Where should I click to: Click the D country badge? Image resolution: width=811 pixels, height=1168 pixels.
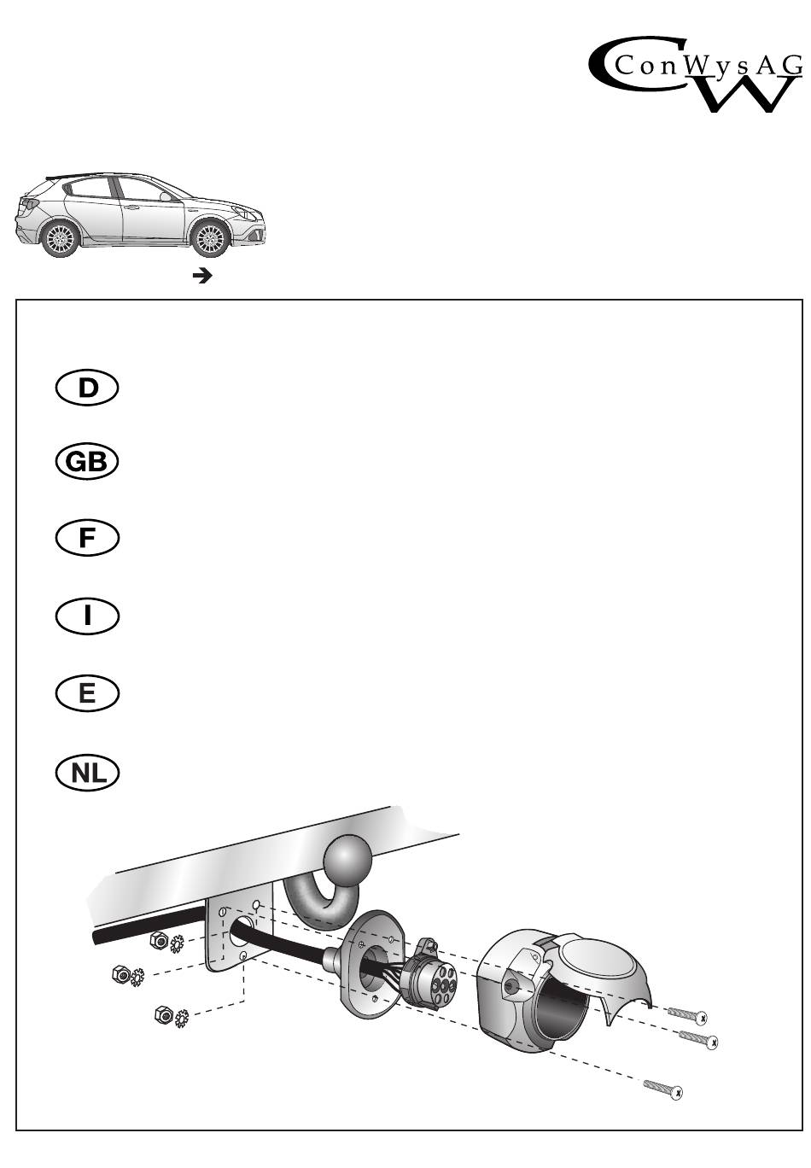(86, 388)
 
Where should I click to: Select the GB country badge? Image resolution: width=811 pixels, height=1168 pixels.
(86, 462)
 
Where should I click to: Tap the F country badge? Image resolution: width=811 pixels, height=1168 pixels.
(86, 539)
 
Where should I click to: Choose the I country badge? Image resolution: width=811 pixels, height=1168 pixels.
(86, 616)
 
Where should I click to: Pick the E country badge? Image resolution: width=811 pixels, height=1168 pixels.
(86, 693)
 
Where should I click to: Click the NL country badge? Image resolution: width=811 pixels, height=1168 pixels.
(86, 773)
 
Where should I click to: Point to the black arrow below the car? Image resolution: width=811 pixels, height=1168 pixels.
(202, 276)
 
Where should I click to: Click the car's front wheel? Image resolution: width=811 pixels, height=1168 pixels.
(208, 239)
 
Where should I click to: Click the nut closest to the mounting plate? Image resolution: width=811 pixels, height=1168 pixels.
(158, 941)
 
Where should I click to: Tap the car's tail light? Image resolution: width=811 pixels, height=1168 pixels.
(27, 205)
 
